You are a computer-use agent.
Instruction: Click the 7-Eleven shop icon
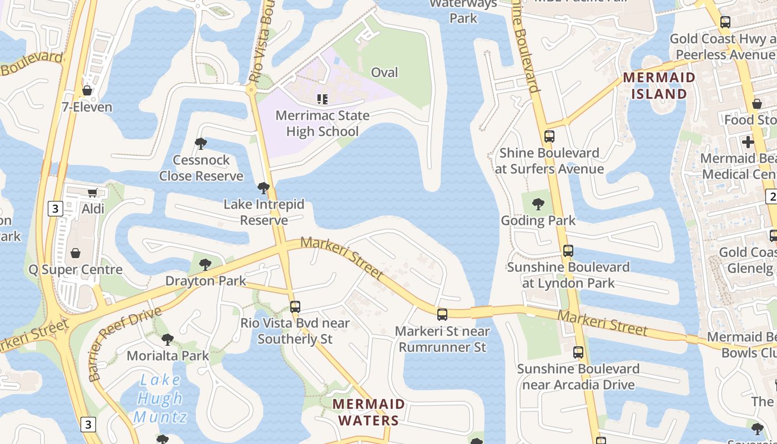[x=87, y=90]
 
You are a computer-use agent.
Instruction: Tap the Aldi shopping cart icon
[x=92, y=193]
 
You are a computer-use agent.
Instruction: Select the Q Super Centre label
[x=75, y=270]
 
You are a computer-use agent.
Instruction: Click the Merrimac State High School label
[x=322, y=124]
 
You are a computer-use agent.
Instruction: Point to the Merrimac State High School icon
[x=322, y=99]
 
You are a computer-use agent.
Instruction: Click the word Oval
[x=385, y=72]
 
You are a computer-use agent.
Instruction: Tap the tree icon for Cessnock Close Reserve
[x=201, y=144]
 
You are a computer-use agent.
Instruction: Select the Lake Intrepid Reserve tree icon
[x=264, y=188]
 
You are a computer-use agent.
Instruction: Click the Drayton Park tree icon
[x=205, y=264]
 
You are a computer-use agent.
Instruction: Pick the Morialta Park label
[x=168, y=355]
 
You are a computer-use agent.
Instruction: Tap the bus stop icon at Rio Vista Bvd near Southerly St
[x=295, y=306]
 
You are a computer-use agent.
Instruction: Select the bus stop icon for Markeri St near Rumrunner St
[x=442, y=315]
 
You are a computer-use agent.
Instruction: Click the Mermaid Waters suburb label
[x=369, y=412]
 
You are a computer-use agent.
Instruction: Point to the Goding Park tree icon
[x=538, y=204]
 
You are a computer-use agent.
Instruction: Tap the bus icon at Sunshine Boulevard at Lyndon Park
[x=568, y=251]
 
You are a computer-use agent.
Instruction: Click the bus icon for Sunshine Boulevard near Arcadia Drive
[x=578, y=352]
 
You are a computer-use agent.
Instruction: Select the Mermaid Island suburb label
[x=659, y=85]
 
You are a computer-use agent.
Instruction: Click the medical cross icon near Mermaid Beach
[x=748, y=142]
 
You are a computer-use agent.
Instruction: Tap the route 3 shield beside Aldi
[x=55, y=209]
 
